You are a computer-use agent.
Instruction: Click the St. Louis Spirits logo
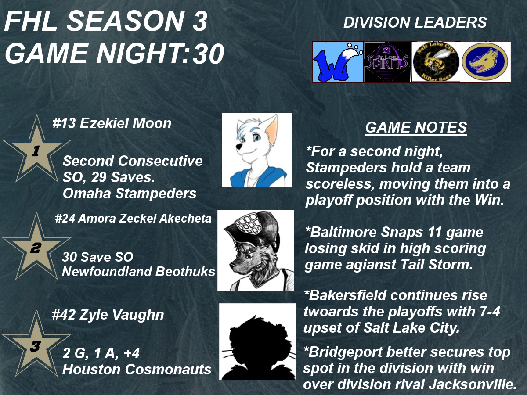click(387, 62)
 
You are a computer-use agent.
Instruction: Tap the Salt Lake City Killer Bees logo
click(436, 62)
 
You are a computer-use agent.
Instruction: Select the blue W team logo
click(338, 62)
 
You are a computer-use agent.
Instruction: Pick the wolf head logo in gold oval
click(485, 61)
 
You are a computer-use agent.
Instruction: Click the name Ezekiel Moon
click(125, 123)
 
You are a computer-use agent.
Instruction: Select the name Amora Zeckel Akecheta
click(144, 219)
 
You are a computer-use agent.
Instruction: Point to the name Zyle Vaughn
click(122, 314)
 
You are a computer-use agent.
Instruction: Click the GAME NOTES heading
click(416, 127)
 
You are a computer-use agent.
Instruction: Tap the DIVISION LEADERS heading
click(415, 22)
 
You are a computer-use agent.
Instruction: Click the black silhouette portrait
click(257, 341)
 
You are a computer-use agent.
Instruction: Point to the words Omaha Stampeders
click(130, 194)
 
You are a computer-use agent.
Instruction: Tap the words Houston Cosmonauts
click(137, 370)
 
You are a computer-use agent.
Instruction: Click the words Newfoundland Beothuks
click(138, 272)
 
